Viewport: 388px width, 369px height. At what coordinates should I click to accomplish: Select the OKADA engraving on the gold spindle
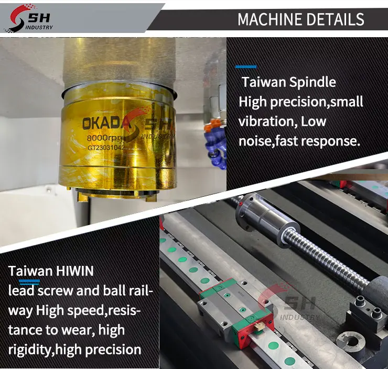(x=106, y=123)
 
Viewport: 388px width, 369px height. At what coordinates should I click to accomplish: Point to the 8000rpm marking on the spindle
(x=105, y=138)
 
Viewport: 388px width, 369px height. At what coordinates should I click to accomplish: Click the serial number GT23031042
(x=106, y=148)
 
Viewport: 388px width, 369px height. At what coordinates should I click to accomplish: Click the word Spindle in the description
(x=312, y=83)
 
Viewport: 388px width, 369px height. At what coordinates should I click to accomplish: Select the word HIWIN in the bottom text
(x=75, y=271)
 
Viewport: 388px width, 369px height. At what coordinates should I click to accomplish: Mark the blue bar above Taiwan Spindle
(x=246, y=66)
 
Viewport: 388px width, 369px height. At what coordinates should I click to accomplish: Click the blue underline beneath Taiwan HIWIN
(x=29, y=281)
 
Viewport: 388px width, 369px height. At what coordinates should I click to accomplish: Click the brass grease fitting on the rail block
(x=258, y=327)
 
